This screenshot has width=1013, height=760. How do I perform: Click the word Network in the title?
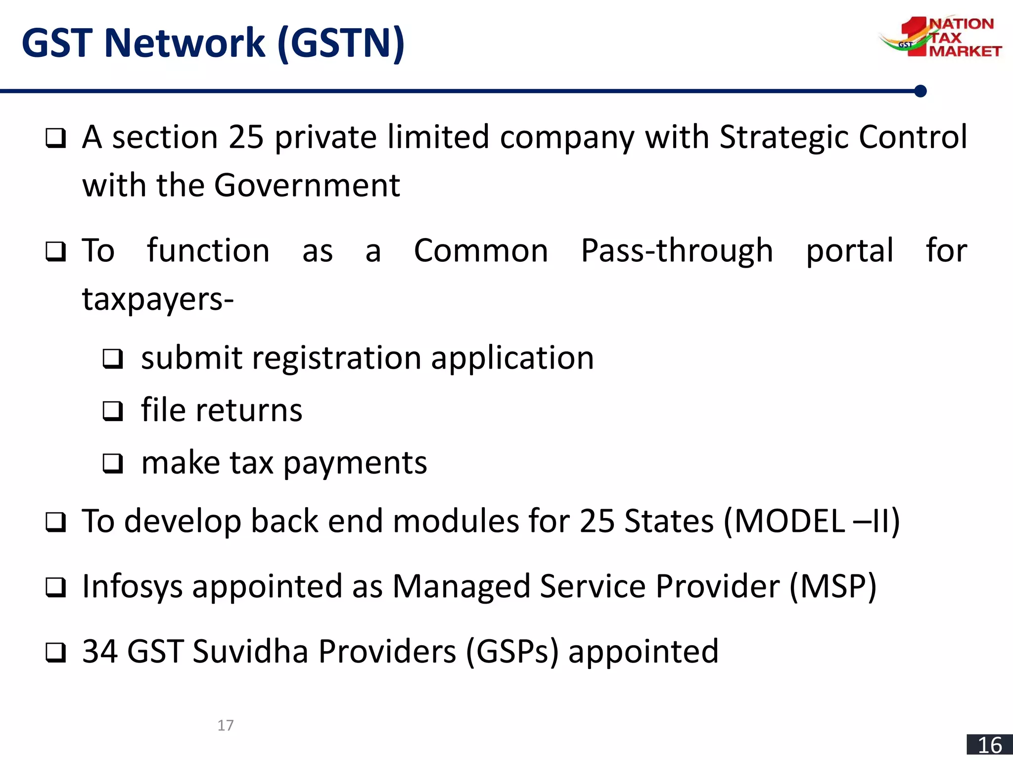tap(184, 43)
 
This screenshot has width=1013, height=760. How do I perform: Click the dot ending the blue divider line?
tap(921, 91)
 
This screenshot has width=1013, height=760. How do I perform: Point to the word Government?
tap(307, 186)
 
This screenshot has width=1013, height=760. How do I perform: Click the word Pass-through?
tap(677, 250)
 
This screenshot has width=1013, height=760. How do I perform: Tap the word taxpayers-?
tap(158, 300)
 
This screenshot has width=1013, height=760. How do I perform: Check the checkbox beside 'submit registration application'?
tap(113, 359)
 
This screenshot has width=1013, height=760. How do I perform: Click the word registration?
tap(336, 358)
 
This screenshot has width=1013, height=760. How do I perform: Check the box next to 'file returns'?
tap(113, 411)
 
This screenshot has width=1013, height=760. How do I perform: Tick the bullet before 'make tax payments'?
tap(113, 464)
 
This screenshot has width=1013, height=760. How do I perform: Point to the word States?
tap(669, 521)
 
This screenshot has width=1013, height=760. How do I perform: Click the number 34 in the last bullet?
tap(100, 651)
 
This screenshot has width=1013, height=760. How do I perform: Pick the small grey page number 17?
tap(226, 725)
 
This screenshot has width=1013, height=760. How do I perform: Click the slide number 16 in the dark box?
tap(990, 745)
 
